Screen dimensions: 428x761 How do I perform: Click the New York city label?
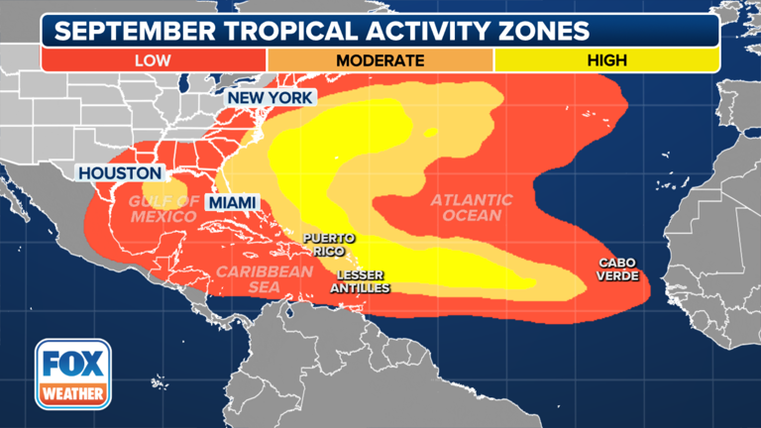[x=270, y=97]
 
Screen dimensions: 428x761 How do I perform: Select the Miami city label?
[x=232, y=202]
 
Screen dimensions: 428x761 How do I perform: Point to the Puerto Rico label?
[x=329, y=244]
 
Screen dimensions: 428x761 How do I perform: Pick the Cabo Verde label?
[x=617, y=268]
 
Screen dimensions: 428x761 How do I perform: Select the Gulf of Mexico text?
[x=163, y=208]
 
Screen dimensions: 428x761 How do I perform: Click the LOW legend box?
[x=153, y=60]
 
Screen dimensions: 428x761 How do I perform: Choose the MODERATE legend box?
[x=380, y=60]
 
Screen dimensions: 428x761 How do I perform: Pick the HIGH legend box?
[x=605, y=60]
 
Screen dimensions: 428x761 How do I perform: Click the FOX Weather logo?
[x=72, y=374]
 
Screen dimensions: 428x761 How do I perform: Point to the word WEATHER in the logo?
[x=72, y=393]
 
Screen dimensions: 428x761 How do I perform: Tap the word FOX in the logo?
[x=72, y=363]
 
